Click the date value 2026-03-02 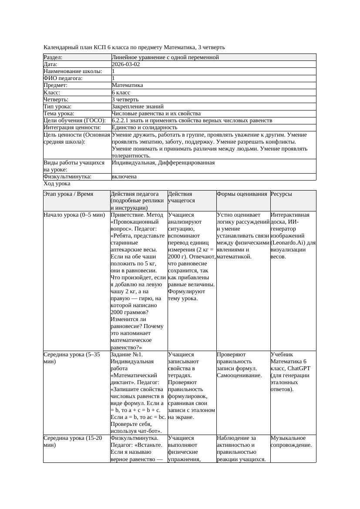(x=126, y=64)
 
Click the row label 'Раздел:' (x=53, y=57)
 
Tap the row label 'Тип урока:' (x=57, y=107)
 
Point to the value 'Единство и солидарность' (x=145, y=127)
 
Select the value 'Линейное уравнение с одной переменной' (x=165, y=57)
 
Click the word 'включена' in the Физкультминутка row (x=124, y=177)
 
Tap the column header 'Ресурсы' (x=281, y=194)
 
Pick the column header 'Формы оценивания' (x=242, y=194)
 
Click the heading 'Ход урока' (x=57, y=184)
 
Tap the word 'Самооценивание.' (x=239, y=375)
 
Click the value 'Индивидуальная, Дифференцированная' (x=163, y=163)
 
